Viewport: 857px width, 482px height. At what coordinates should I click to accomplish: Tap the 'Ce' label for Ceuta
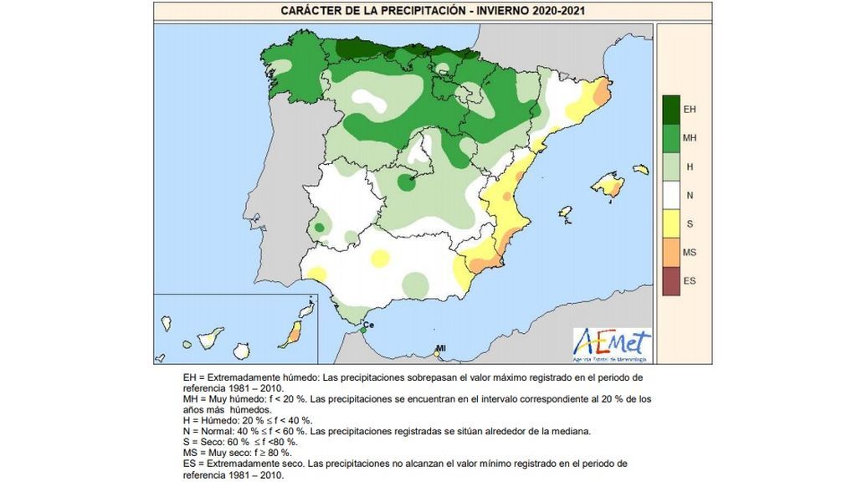(x=367, y=325)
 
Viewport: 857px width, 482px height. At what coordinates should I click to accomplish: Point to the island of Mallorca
(x=607, y=183)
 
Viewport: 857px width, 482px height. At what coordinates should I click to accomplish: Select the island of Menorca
(x=641, y=169)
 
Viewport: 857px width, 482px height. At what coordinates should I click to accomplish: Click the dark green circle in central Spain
(x=407, y=182)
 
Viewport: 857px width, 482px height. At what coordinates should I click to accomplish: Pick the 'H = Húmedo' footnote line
(x=248, y=420)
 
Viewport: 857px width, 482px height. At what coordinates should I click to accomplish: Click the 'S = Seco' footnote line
(x=244, y=442)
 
